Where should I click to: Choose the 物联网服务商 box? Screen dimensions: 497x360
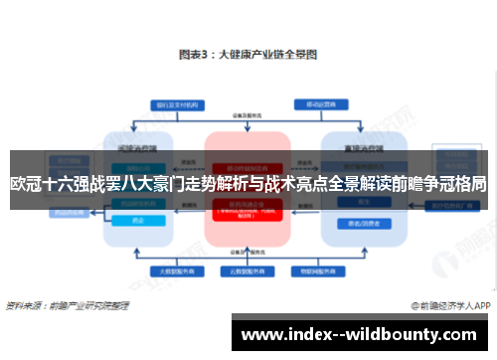pyautogui.click(x=312, y=270)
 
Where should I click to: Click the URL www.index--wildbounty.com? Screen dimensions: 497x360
pyautogui.click(x=362, y=334)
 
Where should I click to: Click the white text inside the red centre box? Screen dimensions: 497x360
pyautogui.click(x=247, y=211)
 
